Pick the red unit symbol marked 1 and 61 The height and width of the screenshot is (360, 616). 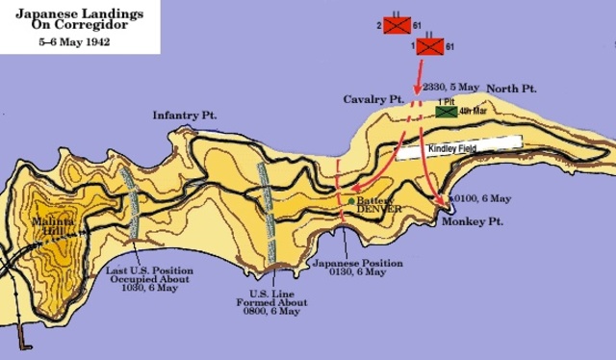pyautogui.click(x=426, y=44)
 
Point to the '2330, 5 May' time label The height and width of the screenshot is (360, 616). pyautogui.click(x=453, y=86)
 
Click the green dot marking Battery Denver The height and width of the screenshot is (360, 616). pyautogui.click(x=350, y=200)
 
